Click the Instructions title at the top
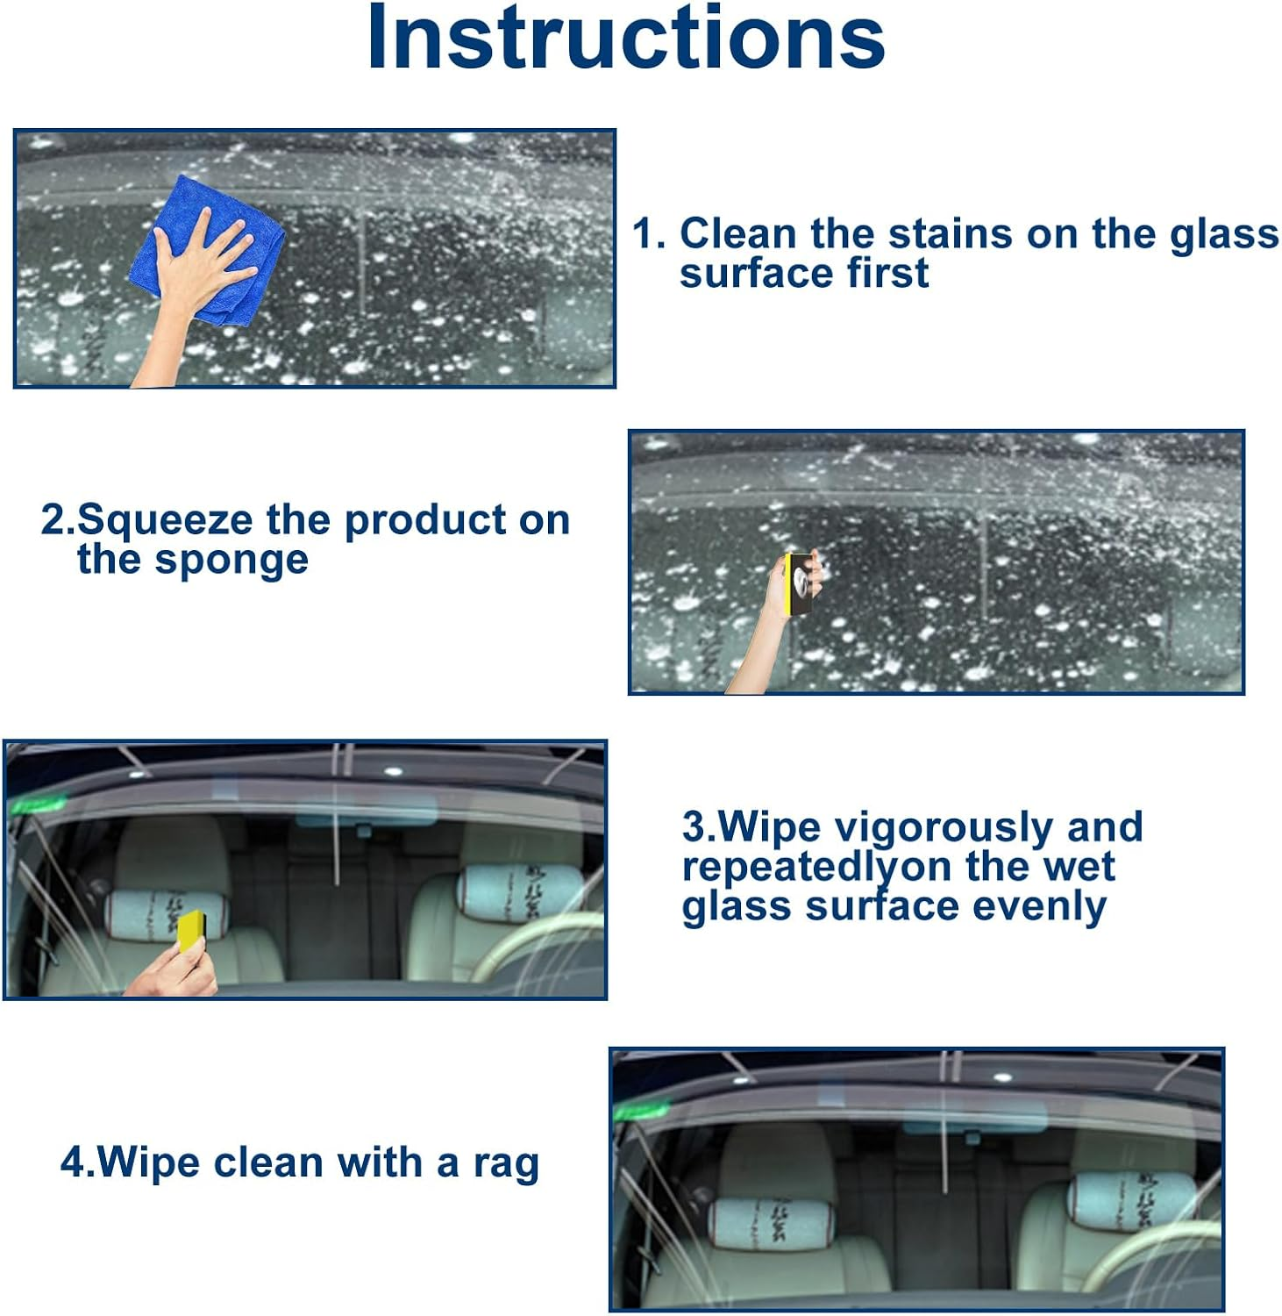[x=625, y=39]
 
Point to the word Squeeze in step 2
[x=166, y=520]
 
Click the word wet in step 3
[x=1079, y=867]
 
